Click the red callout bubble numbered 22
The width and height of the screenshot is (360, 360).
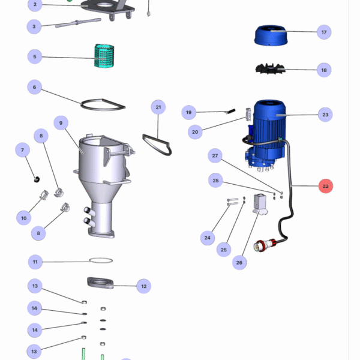[x=325, y=186]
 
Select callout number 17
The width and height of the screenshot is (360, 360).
[x=324, y=32]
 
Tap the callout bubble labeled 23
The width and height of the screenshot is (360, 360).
[x=325, y=114]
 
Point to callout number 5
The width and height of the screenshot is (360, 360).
[x=35, y=57]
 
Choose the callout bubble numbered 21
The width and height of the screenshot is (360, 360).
[x=158, y=107]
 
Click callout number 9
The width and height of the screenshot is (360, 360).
[x=60, y=123]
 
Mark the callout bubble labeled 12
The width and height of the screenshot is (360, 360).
[x=144, y=286]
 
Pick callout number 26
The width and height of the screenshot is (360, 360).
[x=239, y=262]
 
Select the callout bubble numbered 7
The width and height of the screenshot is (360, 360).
[x=22, y=149]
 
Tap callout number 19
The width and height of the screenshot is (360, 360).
[x=189, y=112]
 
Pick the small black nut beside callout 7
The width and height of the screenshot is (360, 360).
[x=36, y=178]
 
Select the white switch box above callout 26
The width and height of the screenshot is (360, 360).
[x=260, y=202]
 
